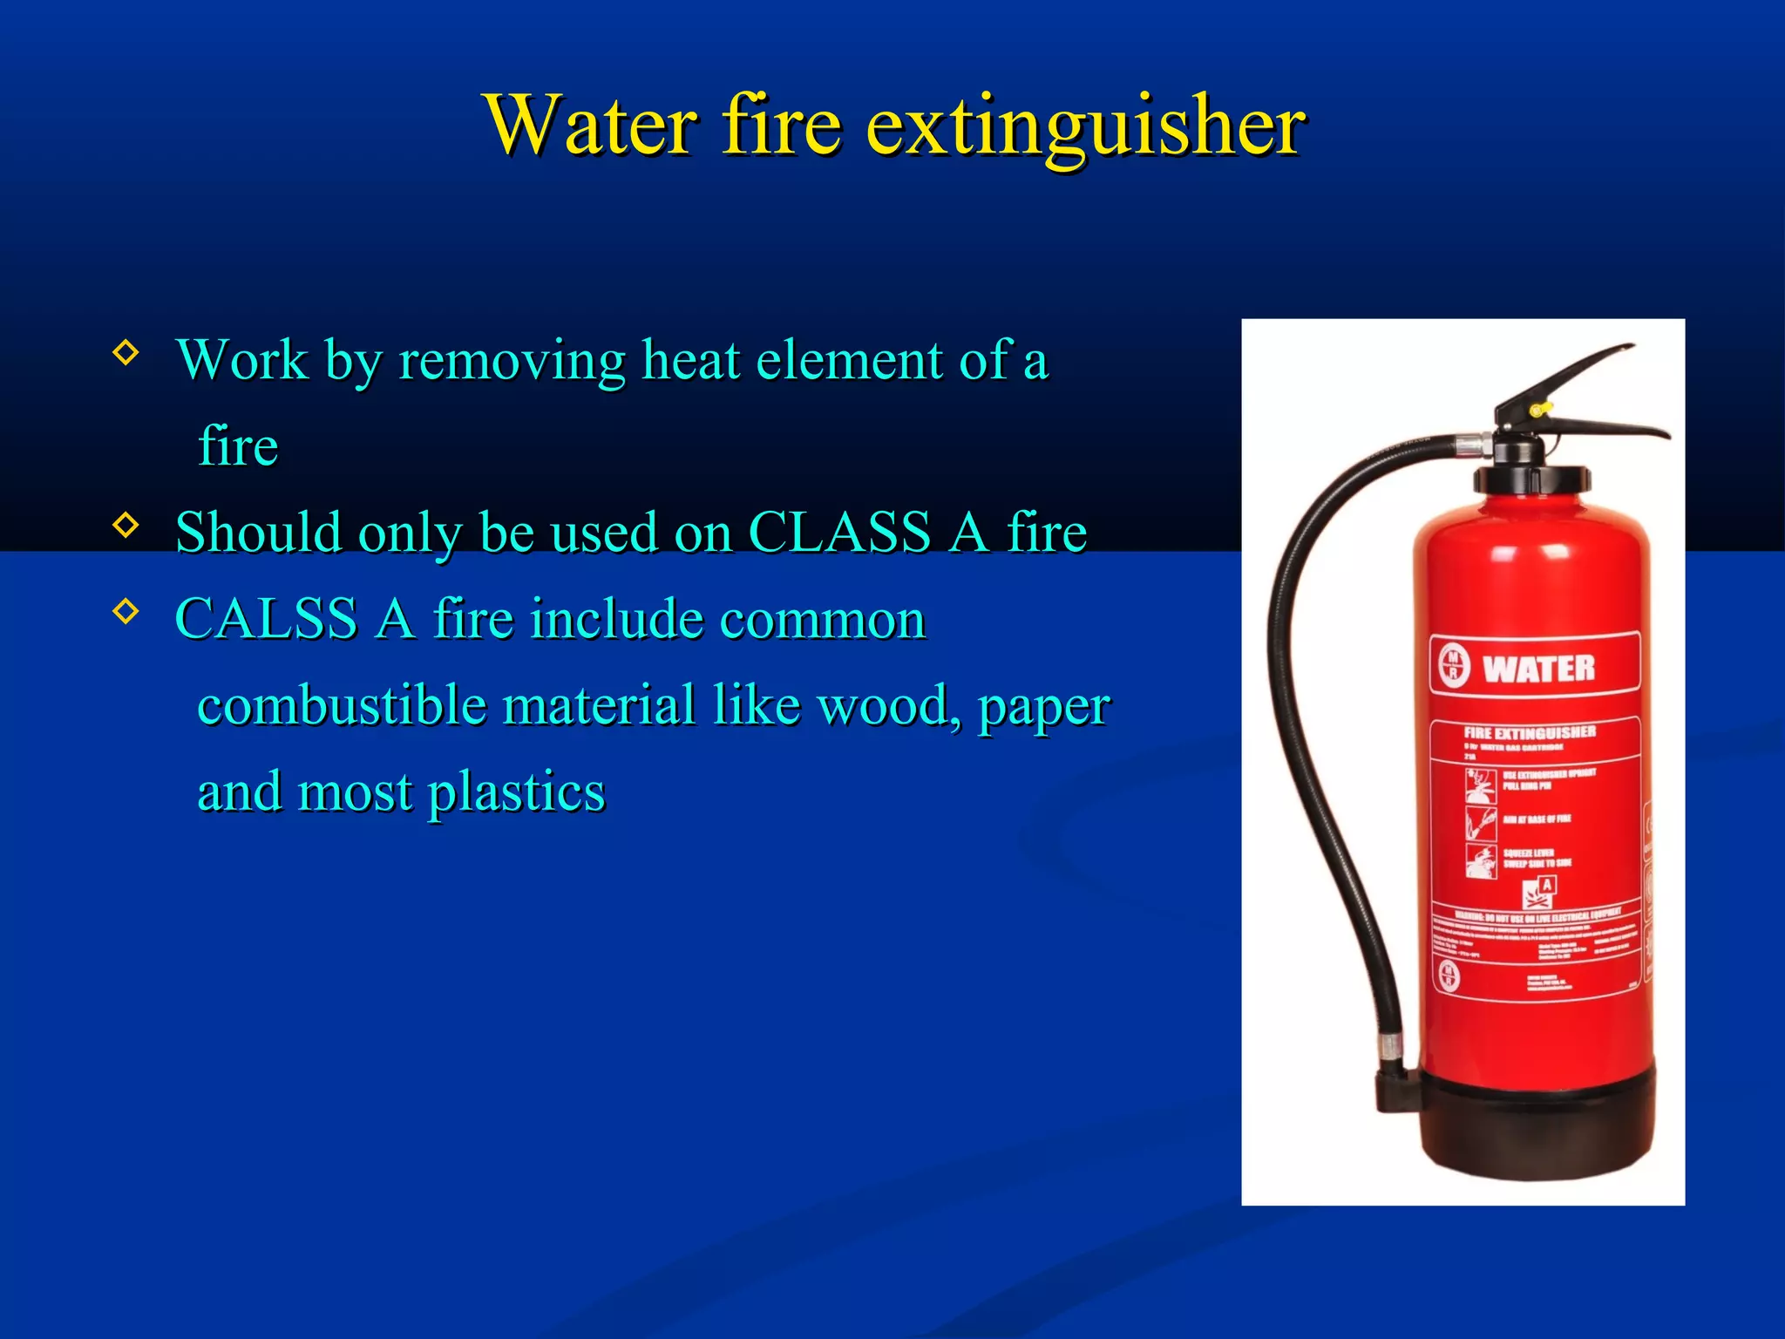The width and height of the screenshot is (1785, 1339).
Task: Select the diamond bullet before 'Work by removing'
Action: pos(126,352)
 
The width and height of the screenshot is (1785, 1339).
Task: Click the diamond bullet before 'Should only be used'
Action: pos(126,525)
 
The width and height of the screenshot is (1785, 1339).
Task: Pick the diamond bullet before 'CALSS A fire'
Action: pos(126,611)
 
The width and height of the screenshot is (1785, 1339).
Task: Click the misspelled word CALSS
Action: pos(267,619)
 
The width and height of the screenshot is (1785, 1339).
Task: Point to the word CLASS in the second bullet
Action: pos(839,532)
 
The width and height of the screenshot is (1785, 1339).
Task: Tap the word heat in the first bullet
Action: pos(691,359)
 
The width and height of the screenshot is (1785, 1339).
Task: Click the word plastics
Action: pos(516,792)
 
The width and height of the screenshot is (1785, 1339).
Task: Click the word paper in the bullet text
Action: pos(1044,706)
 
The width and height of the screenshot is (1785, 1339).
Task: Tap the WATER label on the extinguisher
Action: pos(1538,669)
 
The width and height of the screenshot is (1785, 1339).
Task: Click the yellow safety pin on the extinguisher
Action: pos(1537,408)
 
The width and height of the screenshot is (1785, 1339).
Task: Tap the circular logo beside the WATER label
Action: pos(1453,666)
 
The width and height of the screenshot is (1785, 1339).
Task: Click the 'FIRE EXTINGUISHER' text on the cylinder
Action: pos(1530,732)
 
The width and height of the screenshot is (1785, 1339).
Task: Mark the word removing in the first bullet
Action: pos(512,359)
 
